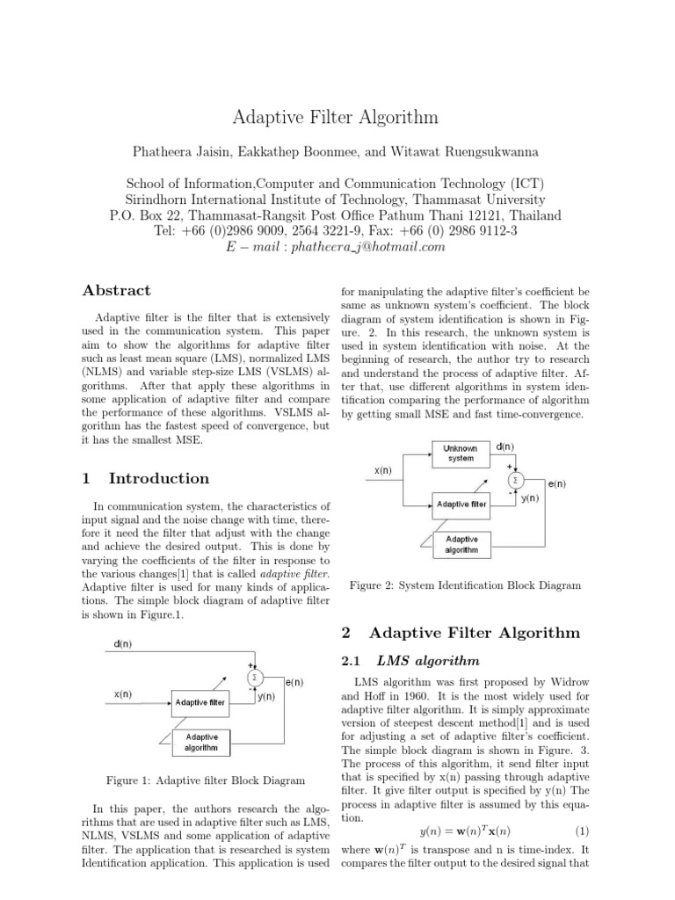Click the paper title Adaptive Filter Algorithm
coord(337,117)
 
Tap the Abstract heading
coord(116,290)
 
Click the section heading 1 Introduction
coord(145,478)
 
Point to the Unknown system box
coord(461,453)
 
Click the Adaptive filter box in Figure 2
coord(461,504)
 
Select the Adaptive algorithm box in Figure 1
coord(202,743)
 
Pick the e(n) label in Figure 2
coord(555,483)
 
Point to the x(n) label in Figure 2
coord(383,471)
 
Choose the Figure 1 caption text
coord(204,780)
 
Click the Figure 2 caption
coord(465,585)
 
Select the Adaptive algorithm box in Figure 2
coord(461,544)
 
